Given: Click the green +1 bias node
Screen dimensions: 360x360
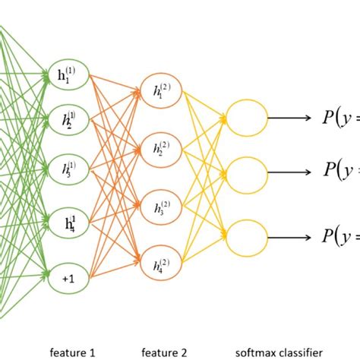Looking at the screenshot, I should point(68,279).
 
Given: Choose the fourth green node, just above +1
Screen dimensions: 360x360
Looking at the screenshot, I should point(68,223).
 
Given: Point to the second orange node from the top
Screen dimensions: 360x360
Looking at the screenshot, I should point(161,149).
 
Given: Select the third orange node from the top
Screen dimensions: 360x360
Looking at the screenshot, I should point(161,207).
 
